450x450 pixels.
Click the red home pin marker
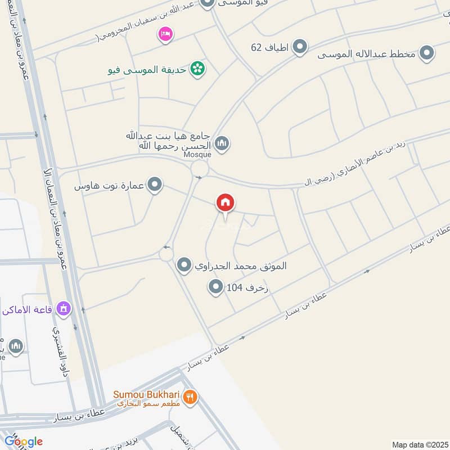pyautogui.click(x=226, y=203)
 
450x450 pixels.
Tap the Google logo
pyautogui.click(x=23, y=442)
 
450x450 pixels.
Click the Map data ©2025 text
pyautogui.click(x=419, y=444)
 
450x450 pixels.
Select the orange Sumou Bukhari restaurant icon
pyautogui.click(x=191, y=397)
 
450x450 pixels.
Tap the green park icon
pyautogui.click(x=197, y=69)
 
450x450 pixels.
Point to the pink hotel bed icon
pyautogui.click(x=165, y=35)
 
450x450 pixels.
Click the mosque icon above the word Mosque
pyautogui.click(x=222, y=144)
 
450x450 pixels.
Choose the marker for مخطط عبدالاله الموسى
pyautogui.click(x=427, y=53)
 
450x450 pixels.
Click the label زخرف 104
pyautogui.click(x=247, y=289)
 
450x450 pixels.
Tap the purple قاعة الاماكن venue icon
pyautogui.click(x=64, y=309)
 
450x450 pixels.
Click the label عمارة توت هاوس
pyautogui.click(x=110, y=185)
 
